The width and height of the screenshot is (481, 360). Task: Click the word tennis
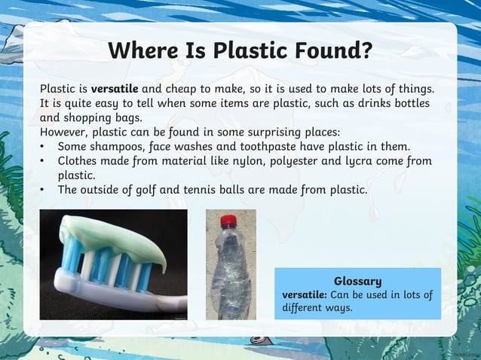pyautogui.click(x=225, y=190)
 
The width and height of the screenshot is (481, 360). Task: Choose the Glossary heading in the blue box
pyautogui.click(x=357, y=281)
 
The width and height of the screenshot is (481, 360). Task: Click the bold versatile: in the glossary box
pyautogui.click(x=303, y=294)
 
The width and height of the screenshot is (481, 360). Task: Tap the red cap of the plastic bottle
pyautogui.click(x=228, y=221)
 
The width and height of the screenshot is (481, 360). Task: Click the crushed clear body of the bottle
pyautogui.click(x=229, y=271)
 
